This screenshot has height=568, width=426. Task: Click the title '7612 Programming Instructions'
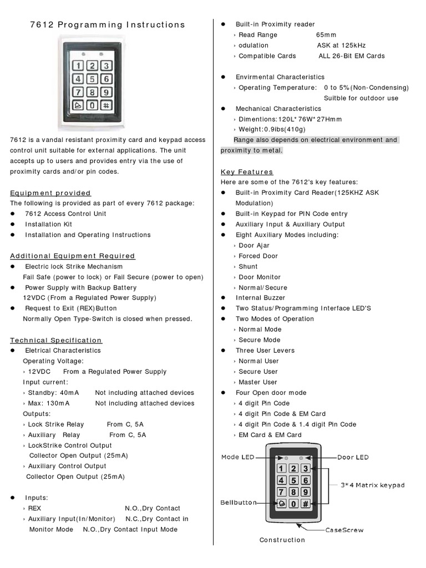[106, 25]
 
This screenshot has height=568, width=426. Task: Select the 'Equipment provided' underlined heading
[50, 193]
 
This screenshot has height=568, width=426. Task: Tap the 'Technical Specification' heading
[56, 340]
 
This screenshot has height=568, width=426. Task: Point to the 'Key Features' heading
[247, 172]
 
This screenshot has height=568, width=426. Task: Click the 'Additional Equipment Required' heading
[73, 256]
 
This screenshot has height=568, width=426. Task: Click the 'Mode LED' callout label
[238, 457]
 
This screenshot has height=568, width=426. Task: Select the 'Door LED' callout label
[353, 457]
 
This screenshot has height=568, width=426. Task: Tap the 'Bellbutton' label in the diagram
[239, 503]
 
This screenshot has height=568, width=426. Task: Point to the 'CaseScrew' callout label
[344, 530]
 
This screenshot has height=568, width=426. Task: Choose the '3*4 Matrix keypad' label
[372, 485]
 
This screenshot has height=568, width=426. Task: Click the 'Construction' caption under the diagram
[282, 540]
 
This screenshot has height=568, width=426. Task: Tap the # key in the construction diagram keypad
[306, 504]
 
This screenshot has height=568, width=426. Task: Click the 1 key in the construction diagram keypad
[282, 469]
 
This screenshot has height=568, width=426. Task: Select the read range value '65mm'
[326, 35]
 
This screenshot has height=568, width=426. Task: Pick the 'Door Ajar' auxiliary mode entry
[254, 245]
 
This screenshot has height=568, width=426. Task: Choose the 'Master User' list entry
[258, 382]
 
